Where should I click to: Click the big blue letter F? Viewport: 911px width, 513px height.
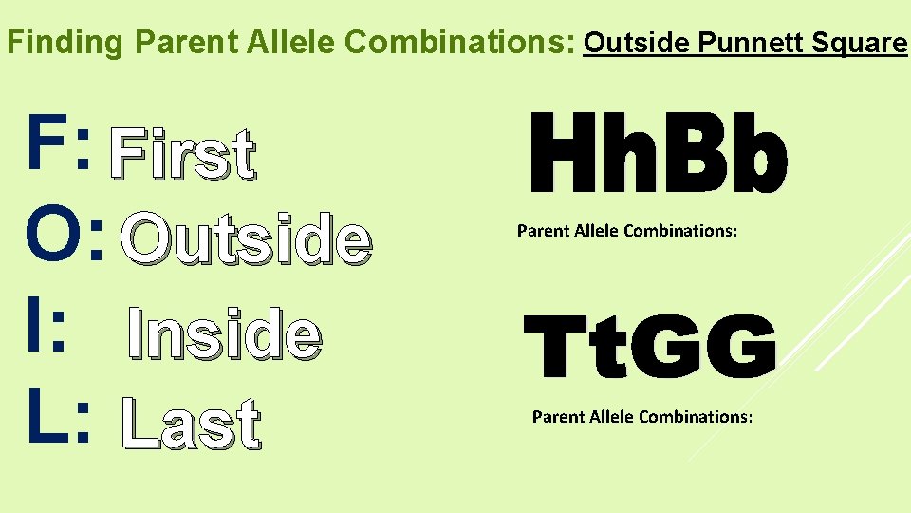[x=48, y=144]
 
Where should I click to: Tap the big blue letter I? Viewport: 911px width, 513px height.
[x=36, y=330]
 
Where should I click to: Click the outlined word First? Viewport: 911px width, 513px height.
[x=182, y=155]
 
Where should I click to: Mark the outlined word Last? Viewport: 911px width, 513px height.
[x=190, y=424]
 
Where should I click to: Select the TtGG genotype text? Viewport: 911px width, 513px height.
[x=651, y=348]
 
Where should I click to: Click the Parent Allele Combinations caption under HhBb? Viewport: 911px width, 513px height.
[x=626, y=231]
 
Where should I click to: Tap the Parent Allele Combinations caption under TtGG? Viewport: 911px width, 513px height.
[x=642, y=417]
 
